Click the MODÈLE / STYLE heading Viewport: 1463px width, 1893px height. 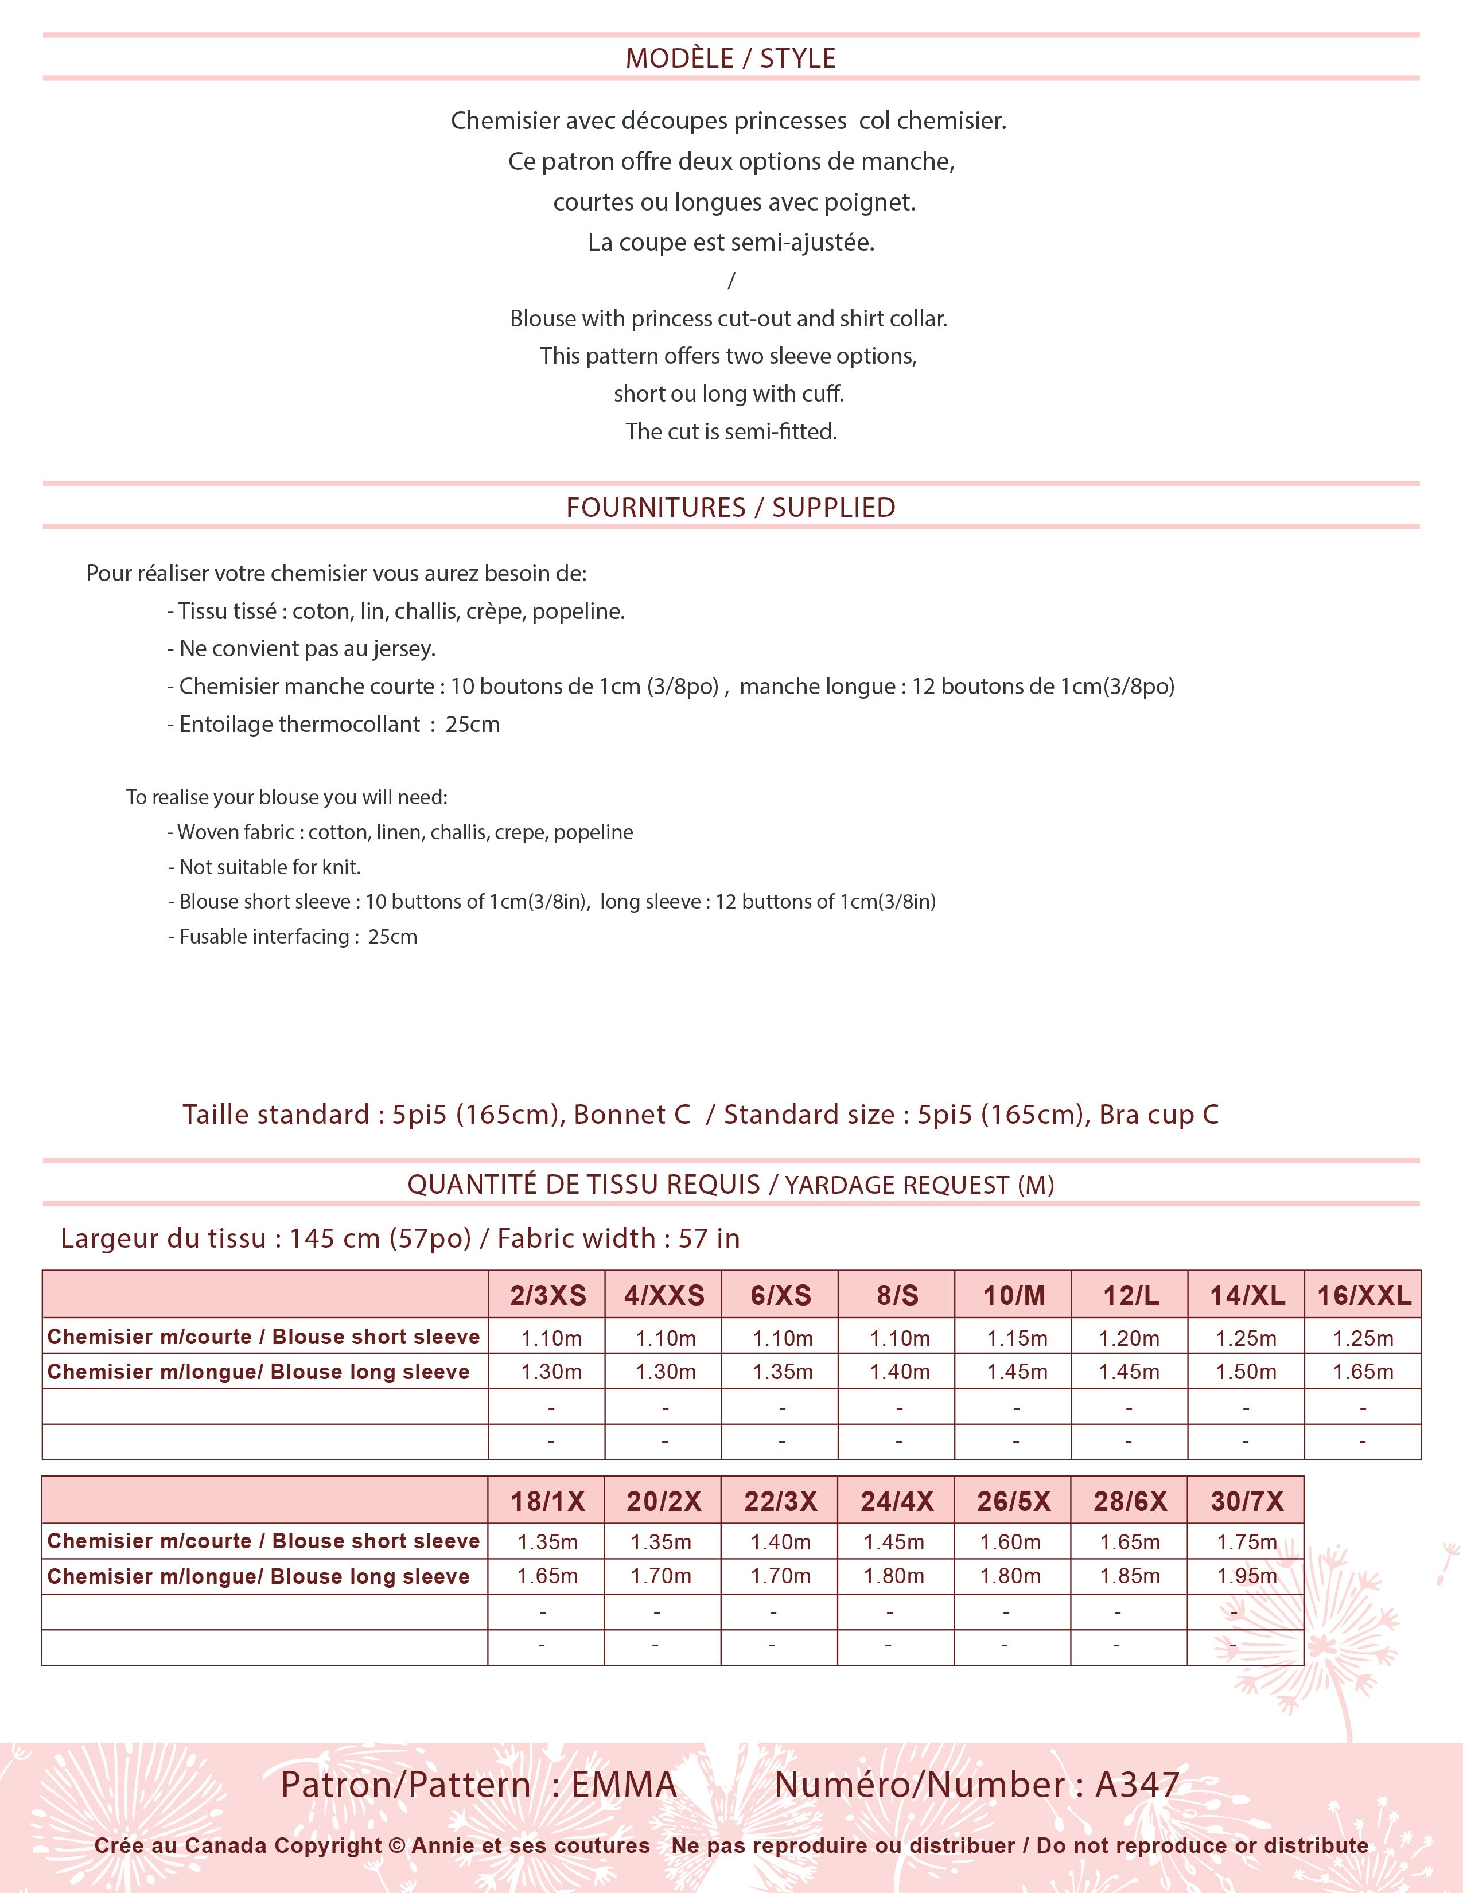(x=730, y=58)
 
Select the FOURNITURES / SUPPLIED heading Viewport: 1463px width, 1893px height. (x=730, y=507)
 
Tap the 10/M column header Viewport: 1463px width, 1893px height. (x=1013, y=1295)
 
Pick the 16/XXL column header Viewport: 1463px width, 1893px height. (x=1363, y=1295)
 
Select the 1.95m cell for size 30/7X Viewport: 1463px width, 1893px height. (x=1246, y=1576)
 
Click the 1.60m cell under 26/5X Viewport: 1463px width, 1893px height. (x=1010, y=1542)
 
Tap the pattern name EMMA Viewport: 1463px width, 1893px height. (x=624, y=1785)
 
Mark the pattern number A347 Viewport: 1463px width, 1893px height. (x=1137, y=1785)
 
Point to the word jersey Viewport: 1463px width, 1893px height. (x=402, y=648)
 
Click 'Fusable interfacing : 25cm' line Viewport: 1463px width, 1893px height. (x=293, y=936)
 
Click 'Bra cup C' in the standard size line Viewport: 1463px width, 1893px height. (x=1159, y=1114)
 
